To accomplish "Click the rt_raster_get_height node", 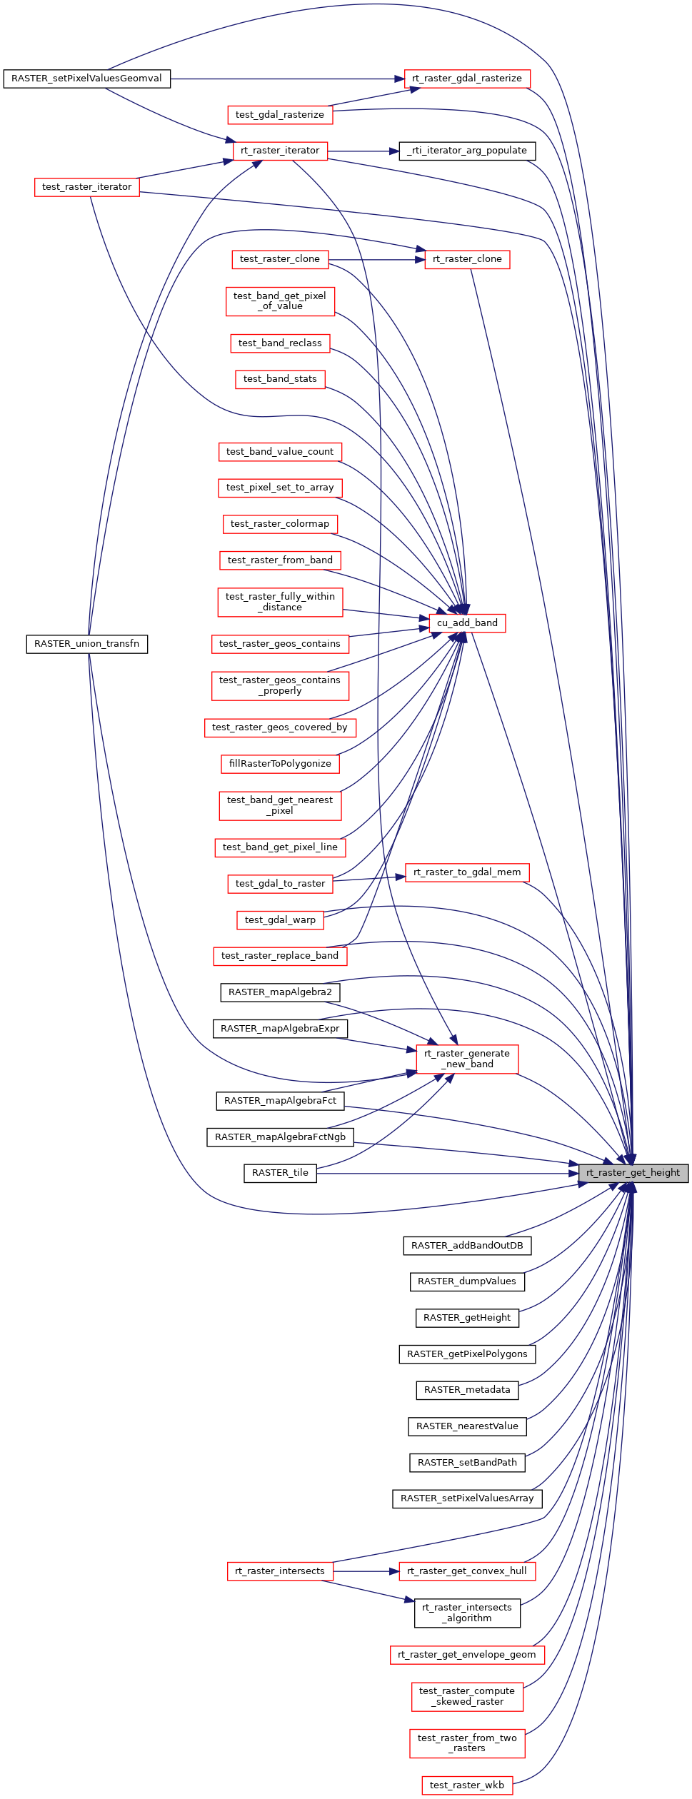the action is [x=633, y=1173].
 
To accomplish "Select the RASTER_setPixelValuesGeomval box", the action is [x=87, y=79].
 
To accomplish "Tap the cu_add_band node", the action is [x=467, y=623].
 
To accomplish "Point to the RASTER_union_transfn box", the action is [x=87, y=644].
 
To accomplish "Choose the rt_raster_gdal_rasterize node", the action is [x=467, y=79].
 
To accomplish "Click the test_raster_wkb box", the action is [x=467, y=1785].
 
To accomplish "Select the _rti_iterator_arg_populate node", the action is [x=467, y=151].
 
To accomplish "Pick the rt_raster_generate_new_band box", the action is [x=467, y=1059].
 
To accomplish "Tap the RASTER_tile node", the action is [x=280, y=1173].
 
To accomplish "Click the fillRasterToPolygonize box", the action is [x=280, y=764].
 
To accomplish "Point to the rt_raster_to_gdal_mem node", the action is [x=467, y=872].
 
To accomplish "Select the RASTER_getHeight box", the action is [x=467, y=1318].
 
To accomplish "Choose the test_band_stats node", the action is [x=280, y=379].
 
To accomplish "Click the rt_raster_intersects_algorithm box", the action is [x=467, y=1613].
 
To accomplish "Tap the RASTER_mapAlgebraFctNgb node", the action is [x=280, y=1137].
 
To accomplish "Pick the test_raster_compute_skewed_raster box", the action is [x=467, y=1697].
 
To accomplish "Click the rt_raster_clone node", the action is [x=467, y=260].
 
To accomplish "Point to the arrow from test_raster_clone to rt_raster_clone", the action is [x=377, y=260].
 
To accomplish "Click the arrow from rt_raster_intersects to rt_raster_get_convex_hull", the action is [x=366, y=1572].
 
